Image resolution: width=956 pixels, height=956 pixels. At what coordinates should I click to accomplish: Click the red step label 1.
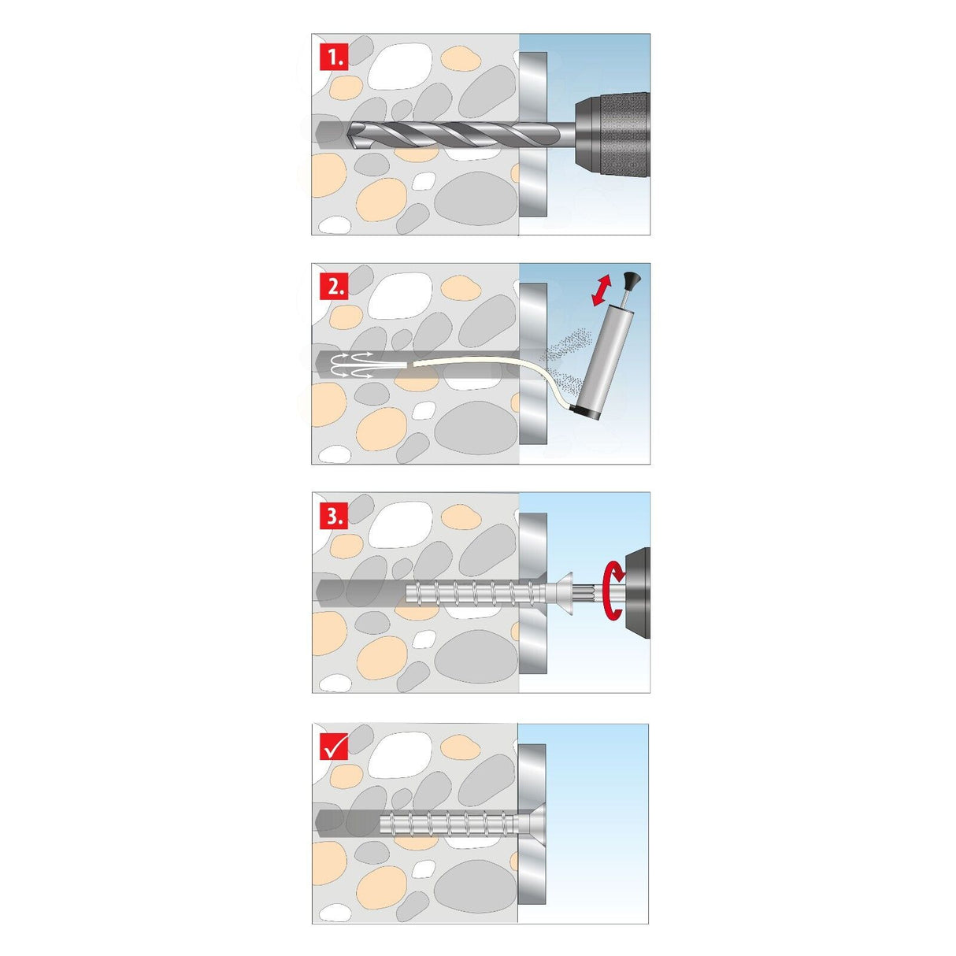pyautogui.click(x=334, y=57)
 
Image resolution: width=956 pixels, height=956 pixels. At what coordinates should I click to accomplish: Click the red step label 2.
pyautogui.click(x=334, y=287)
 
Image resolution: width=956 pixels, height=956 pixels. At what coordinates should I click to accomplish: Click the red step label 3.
pyautogui.click(x=334, y=517)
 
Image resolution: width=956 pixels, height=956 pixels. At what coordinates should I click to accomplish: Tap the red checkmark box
pyautogui.click(x=334, y=747)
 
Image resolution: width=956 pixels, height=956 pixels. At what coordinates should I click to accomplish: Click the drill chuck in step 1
pyautogui.click(x=612, y=133)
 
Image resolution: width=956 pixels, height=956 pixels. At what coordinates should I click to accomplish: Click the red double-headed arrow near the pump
pyautogui.click(x=602, y=291)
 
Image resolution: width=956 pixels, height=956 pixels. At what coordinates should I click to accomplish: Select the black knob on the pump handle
pyautogui.click(x=631, y=279)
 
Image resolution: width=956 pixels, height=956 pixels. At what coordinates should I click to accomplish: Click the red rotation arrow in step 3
pyautogui.click(x=612, y=591)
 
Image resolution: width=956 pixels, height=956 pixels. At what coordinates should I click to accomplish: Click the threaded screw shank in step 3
pyautogui.click(x=472, y=591)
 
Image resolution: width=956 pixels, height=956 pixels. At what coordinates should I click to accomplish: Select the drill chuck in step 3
pyautogui.click(x=636, y=592)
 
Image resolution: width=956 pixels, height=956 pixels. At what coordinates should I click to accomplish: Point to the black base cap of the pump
pyautogui.click(x=584, y=411)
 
